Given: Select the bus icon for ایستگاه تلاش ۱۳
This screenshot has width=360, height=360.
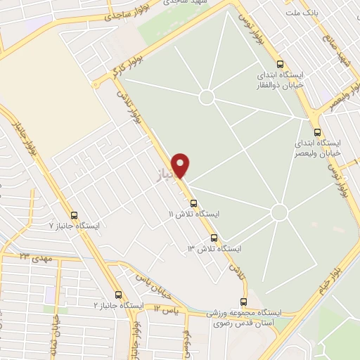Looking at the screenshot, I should click(214, 238).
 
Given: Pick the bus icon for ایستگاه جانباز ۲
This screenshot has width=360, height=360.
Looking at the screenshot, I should click(117, 295).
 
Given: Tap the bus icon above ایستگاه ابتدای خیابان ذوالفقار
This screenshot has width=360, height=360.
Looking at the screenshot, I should click(281, 62).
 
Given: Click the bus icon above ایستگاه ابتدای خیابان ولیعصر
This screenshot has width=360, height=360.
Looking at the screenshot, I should click(317, 131).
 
